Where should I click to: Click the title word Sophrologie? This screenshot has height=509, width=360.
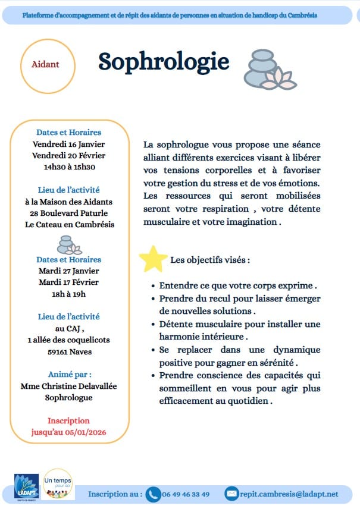(x=164, y=61)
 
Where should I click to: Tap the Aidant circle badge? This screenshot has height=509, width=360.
(x=45, y=64)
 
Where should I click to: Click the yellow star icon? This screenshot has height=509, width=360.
(x=153, y=259)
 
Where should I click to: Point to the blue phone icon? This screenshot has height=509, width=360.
(x=154, y=494)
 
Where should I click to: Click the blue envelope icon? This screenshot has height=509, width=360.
(x=231, y=494)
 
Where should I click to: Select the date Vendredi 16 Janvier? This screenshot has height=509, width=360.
(x=68, y=144)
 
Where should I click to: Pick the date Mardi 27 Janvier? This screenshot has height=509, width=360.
(x=68, y=271)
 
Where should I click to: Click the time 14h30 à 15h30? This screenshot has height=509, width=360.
(x=69, y=167)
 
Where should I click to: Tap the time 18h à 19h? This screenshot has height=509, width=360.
(x=68, y=293)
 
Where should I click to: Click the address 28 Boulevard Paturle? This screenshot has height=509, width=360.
(x=69, y=213)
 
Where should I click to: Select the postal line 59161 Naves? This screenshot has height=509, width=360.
(x=68, y=351)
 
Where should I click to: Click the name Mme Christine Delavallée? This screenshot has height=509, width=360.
(x=68, y=386)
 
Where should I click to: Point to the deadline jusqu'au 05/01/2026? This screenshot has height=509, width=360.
(x=68, y=432)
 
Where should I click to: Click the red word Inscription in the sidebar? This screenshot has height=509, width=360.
(x=68, y=420)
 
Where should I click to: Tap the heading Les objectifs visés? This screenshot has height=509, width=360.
(x=210, y=260)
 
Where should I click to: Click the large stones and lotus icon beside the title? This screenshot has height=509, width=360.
(x=268, y=70)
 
